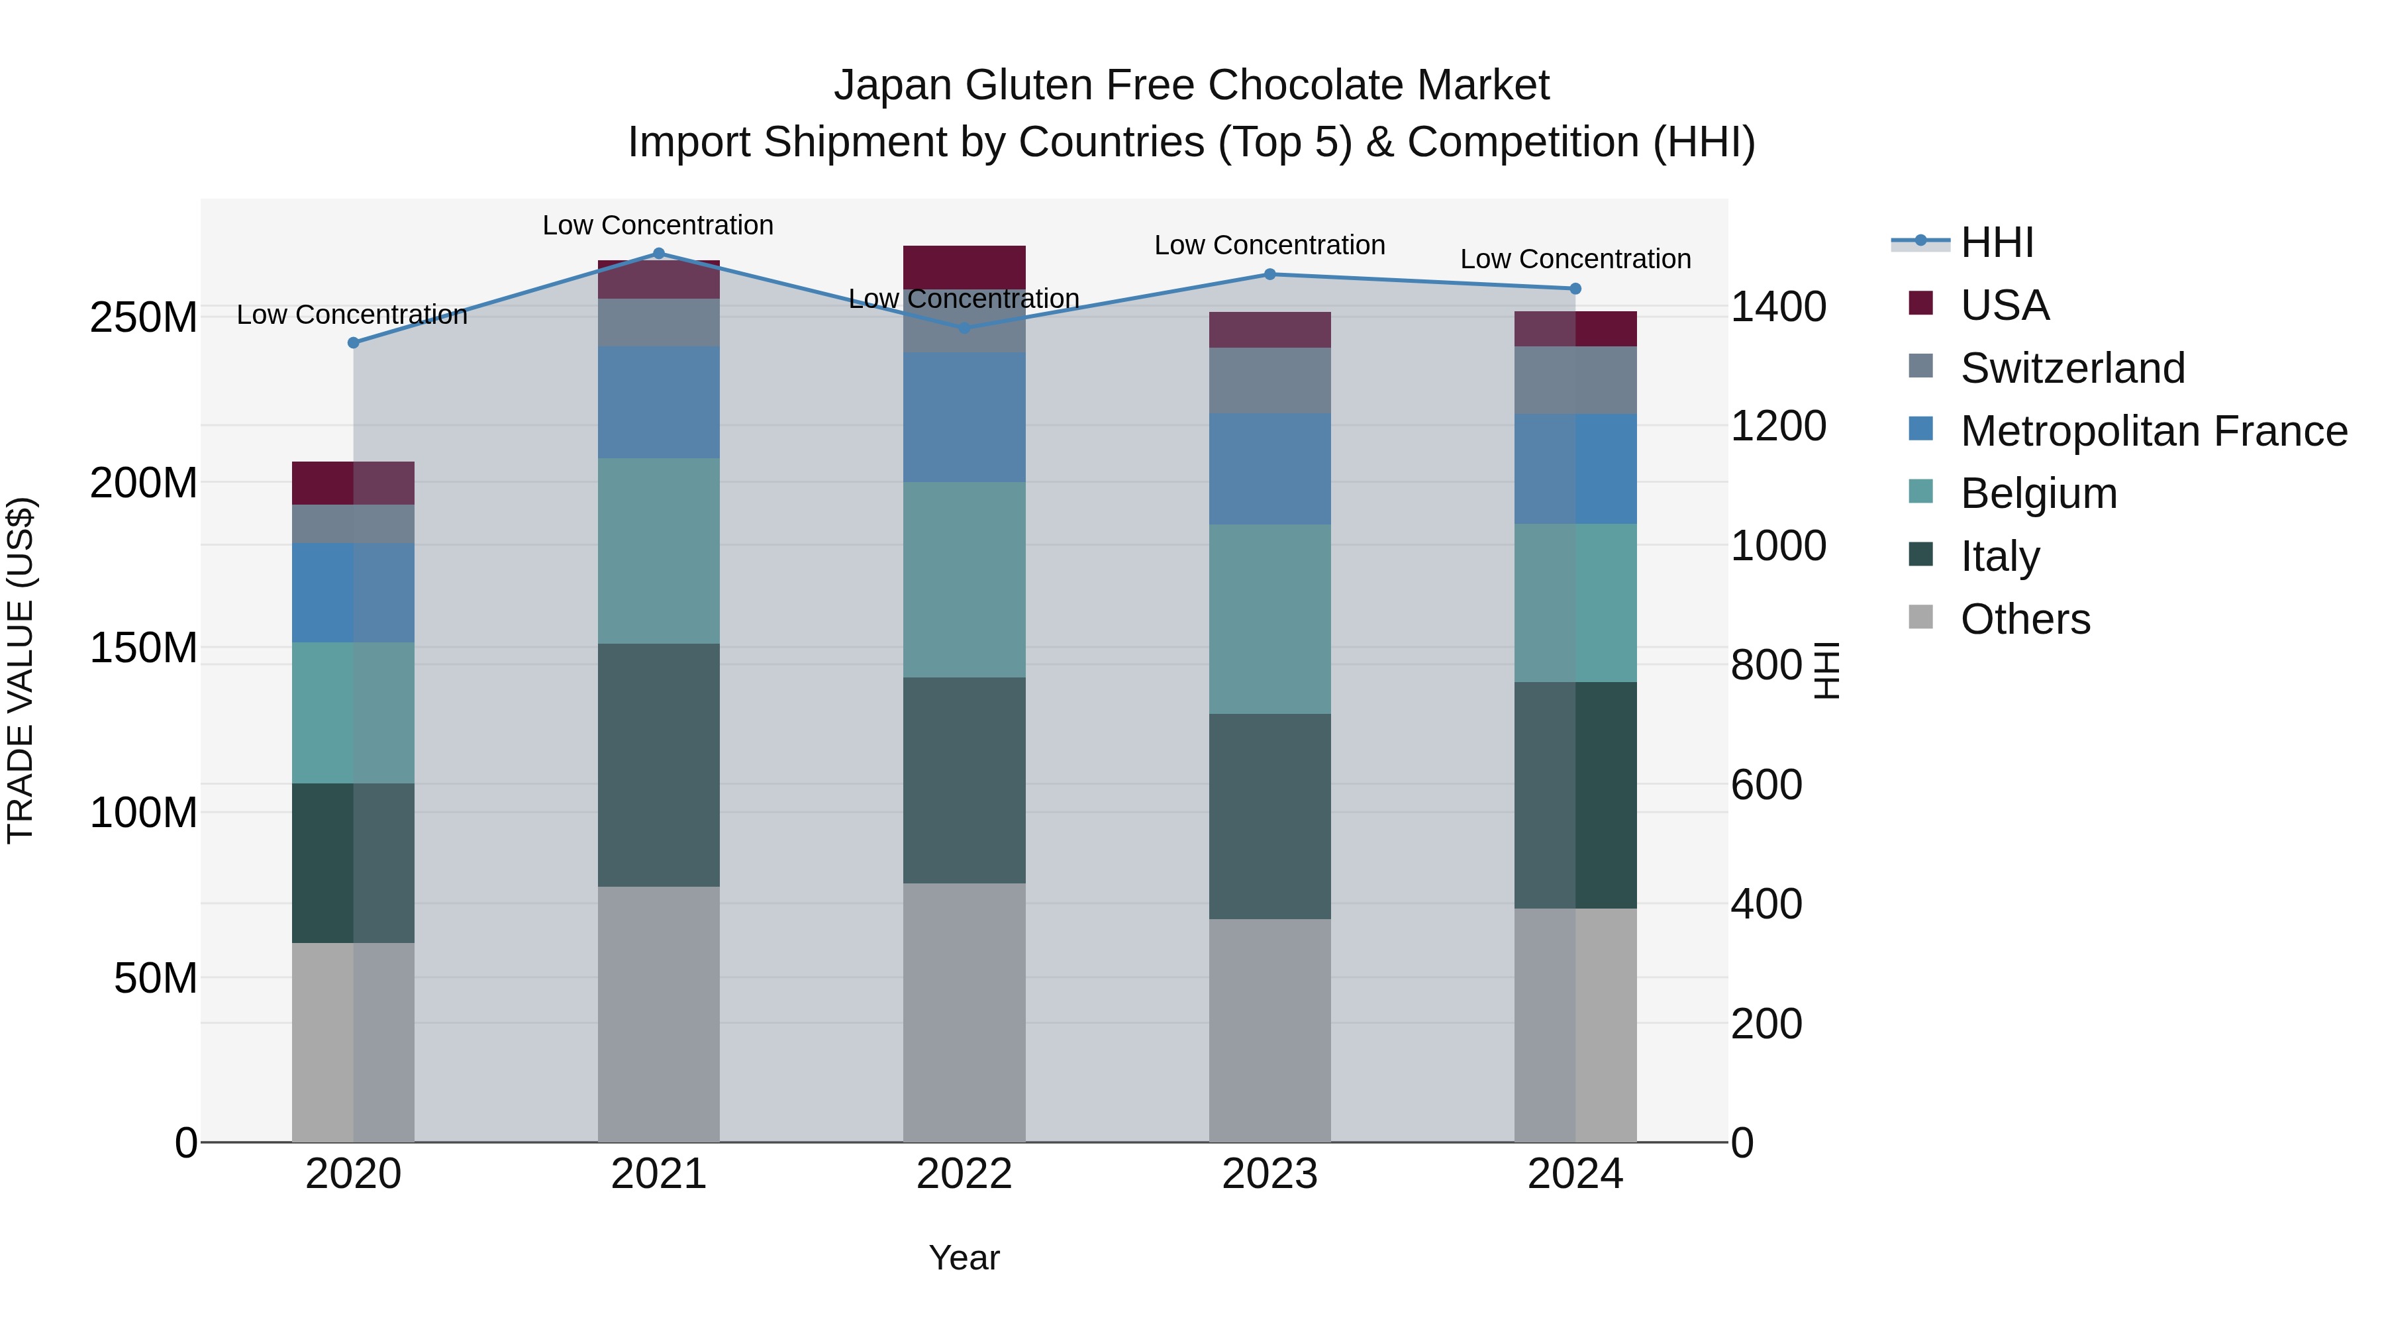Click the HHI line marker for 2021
[659, 254]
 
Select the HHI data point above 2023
[1269, 274]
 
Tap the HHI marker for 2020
[354, 342]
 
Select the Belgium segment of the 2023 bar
[1269, 619]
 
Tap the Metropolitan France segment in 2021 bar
[659, 402]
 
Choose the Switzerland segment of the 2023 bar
[1269, 380]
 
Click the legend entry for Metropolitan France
[2153, 430]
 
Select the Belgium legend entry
[2038, 493]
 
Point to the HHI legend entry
[1996, 242]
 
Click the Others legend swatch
[1920, 617]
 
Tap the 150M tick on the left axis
[144, 648]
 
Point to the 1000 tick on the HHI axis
[1778, 546]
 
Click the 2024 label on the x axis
[1575, 1174]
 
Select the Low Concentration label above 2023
[1269, 245]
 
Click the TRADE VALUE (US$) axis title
[21, 670]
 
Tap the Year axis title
[964, 1258]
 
